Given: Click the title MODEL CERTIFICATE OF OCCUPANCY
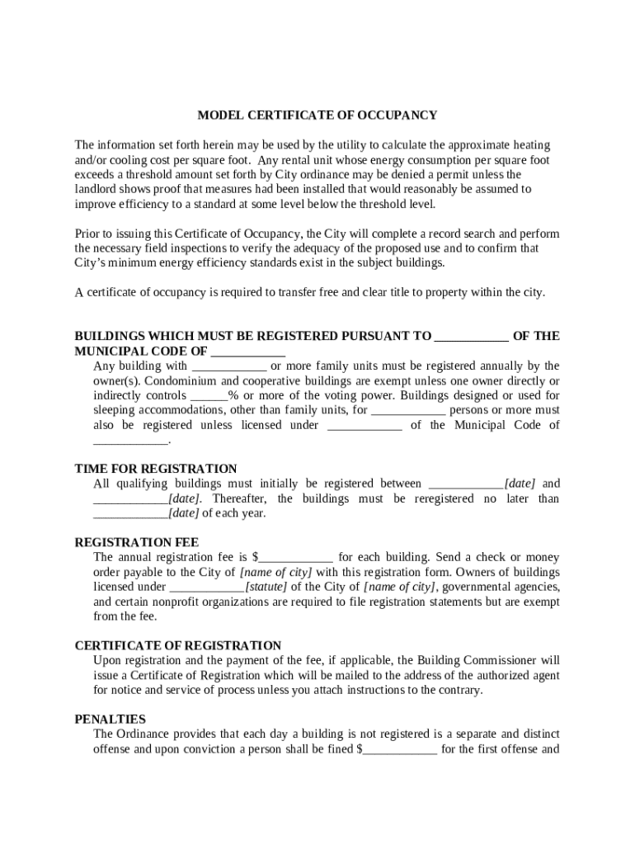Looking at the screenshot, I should (317, 116).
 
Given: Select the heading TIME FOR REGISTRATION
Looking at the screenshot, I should (156, 469).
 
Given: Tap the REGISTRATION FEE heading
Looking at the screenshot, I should (137, 542).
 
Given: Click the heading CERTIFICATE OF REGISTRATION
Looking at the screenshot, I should (178, 645).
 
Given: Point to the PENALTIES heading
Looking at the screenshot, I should (111, 719).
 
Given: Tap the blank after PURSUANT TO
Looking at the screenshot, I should (471, 337).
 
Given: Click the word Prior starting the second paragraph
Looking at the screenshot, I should (87, 234).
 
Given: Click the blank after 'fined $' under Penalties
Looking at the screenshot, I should (400, 749).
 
